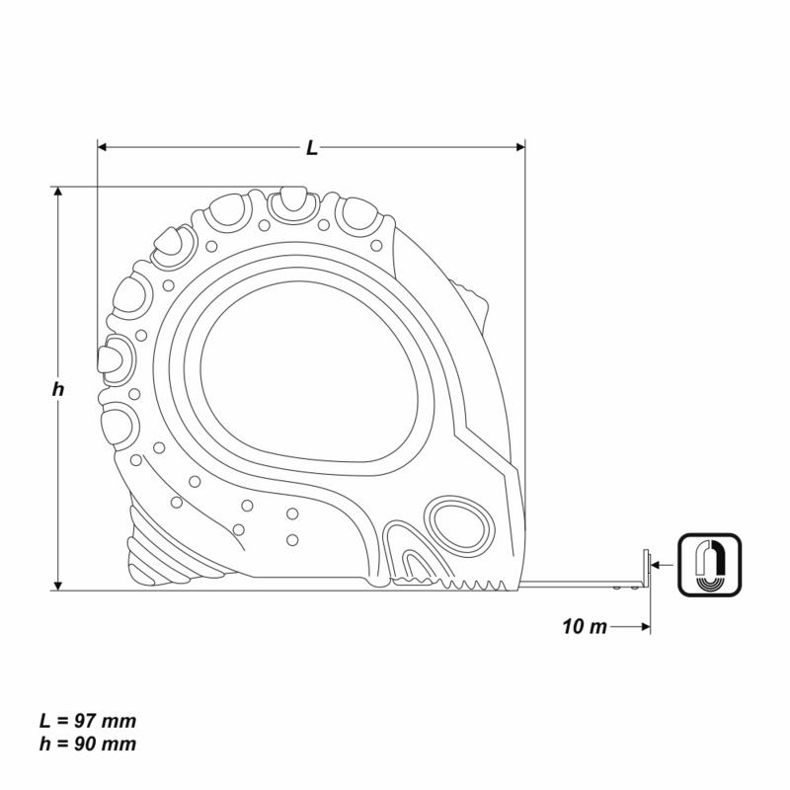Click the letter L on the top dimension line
click(x=312, y=147)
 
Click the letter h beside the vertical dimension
click(x=58, y=388)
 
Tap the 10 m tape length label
click(x=585, y=626)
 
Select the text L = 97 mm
click(x=88, y=721)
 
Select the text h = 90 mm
click(x=88, y=744)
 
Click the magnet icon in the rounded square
click(x=710, y=565)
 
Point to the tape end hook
click(x=646, y=570)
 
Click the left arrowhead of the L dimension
click(x=103, y=147)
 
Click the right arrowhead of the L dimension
click(x=520, y=147)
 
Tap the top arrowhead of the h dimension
click(x=58, y=192)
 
